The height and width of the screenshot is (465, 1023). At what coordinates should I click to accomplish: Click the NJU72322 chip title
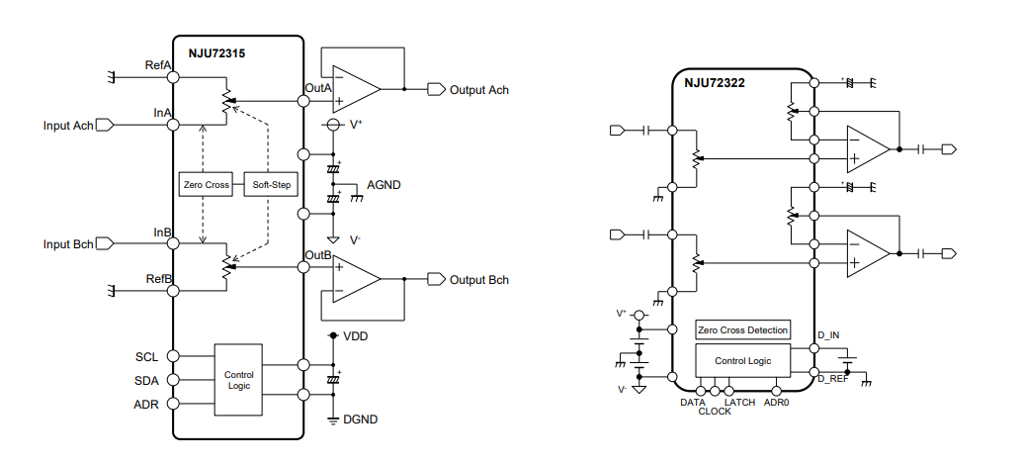pos(714,84)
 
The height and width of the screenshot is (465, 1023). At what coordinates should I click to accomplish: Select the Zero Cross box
pos(206,185)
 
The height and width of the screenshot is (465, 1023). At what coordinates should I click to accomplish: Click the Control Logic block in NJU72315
pos(238,380)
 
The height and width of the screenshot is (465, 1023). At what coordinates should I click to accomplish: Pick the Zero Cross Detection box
pos(742,330)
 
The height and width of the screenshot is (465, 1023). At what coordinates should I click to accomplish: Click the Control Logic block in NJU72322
pos(742,361)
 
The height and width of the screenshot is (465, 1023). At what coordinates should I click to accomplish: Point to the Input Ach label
pos(68,126)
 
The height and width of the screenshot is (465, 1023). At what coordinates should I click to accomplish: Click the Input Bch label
pos(68,244)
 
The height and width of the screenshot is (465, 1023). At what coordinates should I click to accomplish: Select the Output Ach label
pos(479,90)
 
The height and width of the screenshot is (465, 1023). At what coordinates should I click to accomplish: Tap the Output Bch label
pos(479,280)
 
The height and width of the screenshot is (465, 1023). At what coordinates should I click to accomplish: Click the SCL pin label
pos(146,356)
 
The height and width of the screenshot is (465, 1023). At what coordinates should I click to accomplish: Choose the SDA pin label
pos(146,380)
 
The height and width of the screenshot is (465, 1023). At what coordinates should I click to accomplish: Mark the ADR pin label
pos(146,404)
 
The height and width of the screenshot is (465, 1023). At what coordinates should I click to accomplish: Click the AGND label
pos(384,185)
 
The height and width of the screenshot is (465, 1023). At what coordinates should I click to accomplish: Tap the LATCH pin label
pos(739,403)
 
